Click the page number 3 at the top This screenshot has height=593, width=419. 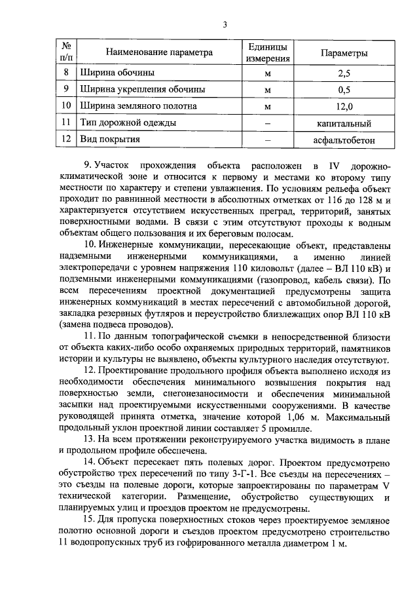[x=224, y=25]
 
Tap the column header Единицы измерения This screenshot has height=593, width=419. [x=267, y=52]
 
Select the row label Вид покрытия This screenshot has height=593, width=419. [x=109, y=140]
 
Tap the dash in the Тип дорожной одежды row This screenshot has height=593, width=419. [x=267, y=123]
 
